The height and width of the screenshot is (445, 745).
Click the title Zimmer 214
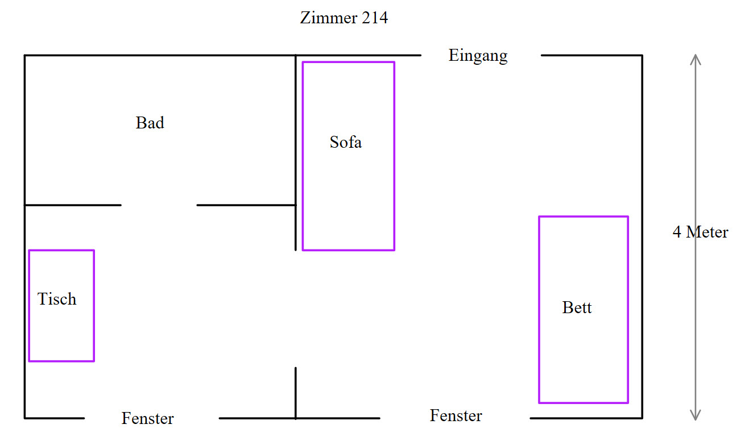coord(343,18)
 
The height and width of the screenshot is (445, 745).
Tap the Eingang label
coord(478,56)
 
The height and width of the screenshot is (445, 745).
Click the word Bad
coord(150,123)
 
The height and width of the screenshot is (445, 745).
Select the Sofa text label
coord(346,142)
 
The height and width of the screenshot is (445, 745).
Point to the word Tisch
coord(57,299)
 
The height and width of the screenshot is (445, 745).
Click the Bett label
coord(577,307)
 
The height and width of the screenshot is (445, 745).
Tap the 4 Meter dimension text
coord(700,232)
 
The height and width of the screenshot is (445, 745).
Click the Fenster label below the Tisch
coord(147,419)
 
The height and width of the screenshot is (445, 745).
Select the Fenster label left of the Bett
coord(456,415)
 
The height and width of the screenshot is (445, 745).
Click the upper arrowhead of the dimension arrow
coord(695,58)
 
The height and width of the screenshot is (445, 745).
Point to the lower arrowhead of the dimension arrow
coord(695,417)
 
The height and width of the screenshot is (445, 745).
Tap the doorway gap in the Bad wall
coord(159,205)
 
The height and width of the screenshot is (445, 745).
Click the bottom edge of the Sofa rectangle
coord(348,249)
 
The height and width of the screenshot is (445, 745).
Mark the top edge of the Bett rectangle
coord(583,217)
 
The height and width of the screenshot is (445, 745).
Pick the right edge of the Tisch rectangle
coord(94,305)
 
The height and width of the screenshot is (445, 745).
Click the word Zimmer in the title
coord(327,18)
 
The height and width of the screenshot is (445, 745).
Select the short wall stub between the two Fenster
coord(296,392)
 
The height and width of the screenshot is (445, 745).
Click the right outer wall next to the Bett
coord(642,307)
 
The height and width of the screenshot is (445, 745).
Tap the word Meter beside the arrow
coord(707,232)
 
